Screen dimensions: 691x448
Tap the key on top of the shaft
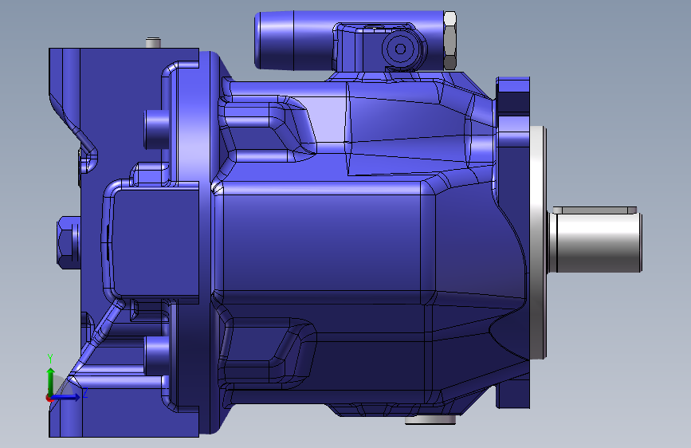point(595,210)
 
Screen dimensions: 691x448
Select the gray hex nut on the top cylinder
point(450,41)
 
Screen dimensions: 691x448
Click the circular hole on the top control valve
point(400,49)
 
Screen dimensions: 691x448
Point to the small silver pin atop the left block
point(153,43)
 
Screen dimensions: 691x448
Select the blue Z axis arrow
point(65,397)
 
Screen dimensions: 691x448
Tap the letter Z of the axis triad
point(85,392)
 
